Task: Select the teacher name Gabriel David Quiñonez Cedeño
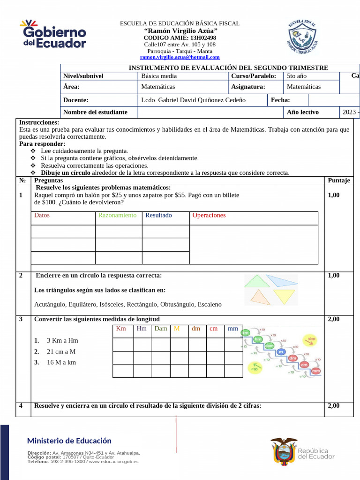[193, 100]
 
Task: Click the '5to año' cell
[296, 75]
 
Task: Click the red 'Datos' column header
[42, 215]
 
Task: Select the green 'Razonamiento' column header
[117, 215]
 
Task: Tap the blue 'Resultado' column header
[158, 215]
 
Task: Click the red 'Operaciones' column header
[209, 215]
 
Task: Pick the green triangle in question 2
[253, 281]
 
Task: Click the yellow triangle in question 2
[285, 296]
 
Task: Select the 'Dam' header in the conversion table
[161, 329]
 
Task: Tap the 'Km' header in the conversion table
[121, 329]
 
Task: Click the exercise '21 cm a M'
[61, 352]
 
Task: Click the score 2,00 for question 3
[334, 319]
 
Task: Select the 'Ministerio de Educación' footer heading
[69, 441]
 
